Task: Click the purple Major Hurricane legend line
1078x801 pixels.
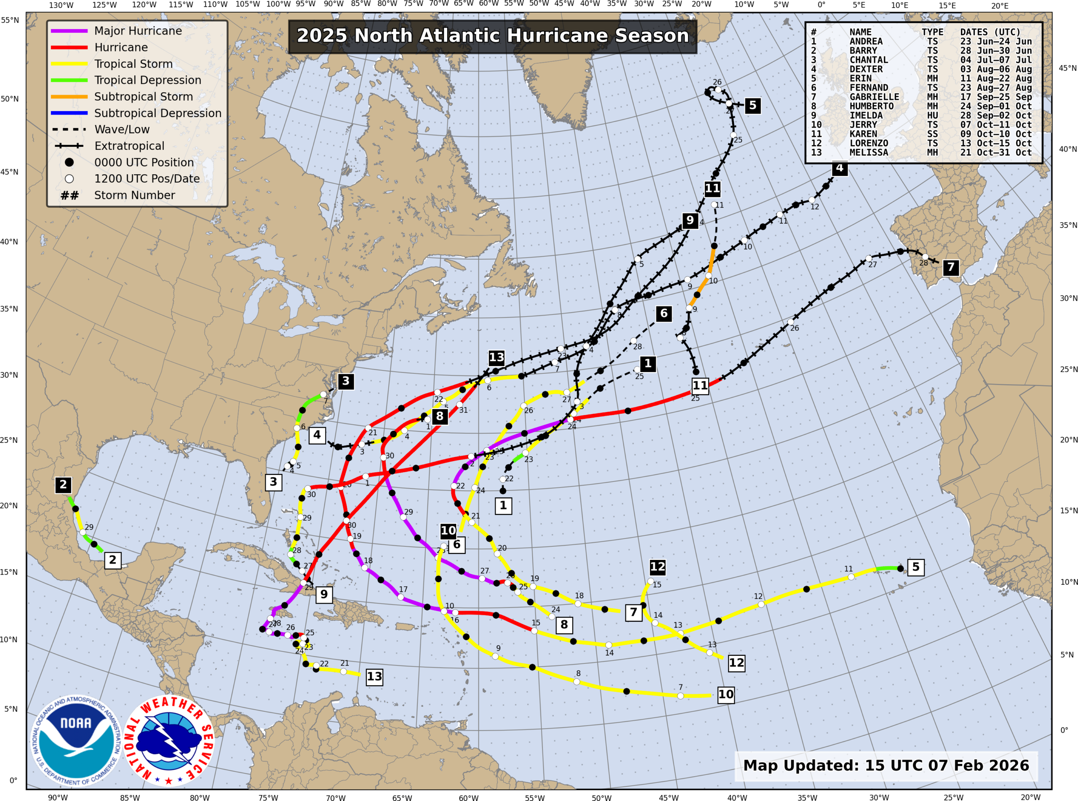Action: click(69, 31)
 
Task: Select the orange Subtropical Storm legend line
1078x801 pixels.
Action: click(69, 96)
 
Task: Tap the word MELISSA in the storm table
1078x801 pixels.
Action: click(869, 152)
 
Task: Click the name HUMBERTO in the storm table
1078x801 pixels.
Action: click(871, 106)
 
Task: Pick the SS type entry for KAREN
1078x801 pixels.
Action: click(932, 134)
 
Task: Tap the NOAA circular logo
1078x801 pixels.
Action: click(76, 740)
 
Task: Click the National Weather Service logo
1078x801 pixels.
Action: click(168, 740)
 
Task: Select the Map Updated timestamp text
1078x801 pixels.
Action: click(886, 766)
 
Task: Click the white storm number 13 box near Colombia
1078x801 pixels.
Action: click(374, 676)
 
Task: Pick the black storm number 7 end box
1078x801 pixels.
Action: click(950, 267)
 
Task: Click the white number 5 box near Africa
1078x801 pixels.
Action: click(915, 567)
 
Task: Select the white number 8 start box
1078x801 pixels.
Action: click(564, 625)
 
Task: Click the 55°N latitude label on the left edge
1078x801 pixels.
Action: click(10, 20)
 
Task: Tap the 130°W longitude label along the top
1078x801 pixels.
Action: click(61, 5)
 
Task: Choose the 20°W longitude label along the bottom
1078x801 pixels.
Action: click(1030, 797)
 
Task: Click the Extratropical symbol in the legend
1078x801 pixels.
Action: click(69, 146)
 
